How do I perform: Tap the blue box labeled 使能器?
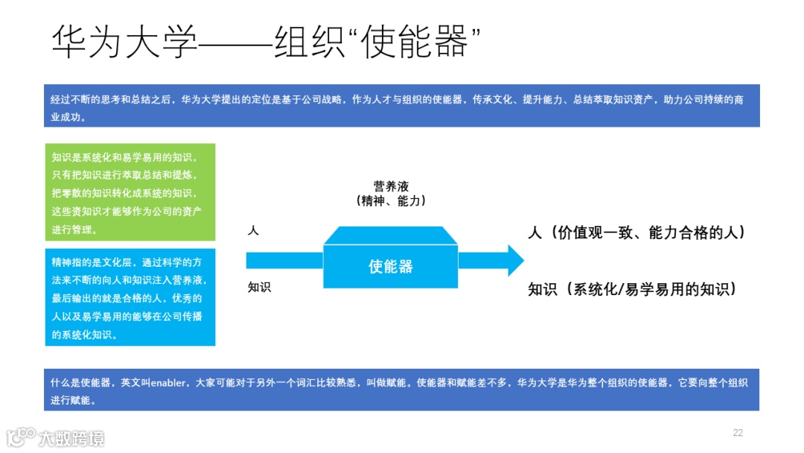pyautogui.click(x=391, y=266)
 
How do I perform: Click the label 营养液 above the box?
pyautogui.click(x=391, y=186)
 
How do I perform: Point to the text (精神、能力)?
pyautogui.click(x=391, y=200)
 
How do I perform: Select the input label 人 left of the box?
pyautogui.click(x=253, y=231)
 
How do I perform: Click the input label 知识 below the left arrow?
pyautogui.click(x=260, y=287)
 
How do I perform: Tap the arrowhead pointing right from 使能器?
pyautogui.click(x=514, y=260)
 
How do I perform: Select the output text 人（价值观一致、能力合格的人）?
pyautogui.click(x=636, y=232)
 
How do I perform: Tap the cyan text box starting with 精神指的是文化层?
pyautogui.click(x=130, y=297)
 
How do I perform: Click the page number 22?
pyautogui.click(x=738, y=433)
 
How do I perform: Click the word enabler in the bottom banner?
pyautogui.click(x=167, y=382)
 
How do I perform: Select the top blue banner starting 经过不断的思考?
pyautogui.click(x=402, y=105)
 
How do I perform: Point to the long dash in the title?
pyautogui.click(x=235, y=43)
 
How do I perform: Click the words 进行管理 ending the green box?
pyautogui.click(x=74, y=229)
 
